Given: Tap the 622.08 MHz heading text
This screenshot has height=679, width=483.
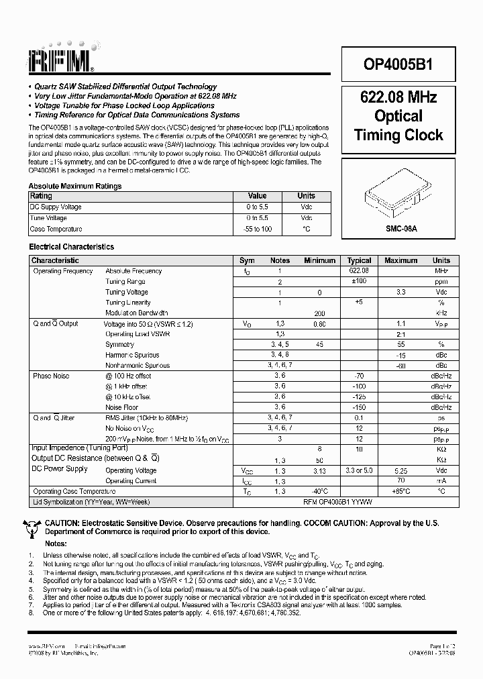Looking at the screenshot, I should [398, 97].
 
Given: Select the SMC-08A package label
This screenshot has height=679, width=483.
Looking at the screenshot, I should [398, 228].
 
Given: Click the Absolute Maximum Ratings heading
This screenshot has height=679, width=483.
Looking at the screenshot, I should [75, 186].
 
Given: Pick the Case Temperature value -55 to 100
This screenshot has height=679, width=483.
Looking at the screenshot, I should [258, 229].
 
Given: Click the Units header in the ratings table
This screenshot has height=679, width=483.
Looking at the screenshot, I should [307, 196].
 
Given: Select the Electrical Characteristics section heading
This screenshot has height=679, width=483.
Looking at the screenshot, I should [71, 247].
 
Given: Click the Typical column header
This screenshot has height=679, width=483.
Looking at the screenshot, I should [359, 260].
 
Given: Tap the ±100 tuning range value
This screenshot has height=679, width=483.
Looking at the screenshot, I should [359, 281].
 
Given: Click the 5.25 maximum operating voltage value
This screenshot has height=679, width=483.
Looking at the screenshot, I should [401, 470].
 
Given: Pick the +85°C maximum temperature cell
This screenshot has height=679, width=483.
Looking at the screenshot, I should [401, 491].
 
